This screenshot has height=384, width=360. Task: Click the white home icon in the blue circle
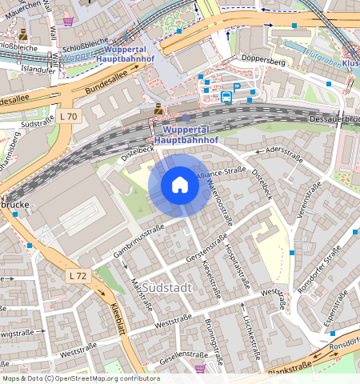[x=180, y=186]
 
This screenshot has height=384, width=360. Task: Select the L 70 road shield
[x=70, y=117]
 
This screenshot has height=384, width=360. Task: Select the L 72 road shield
[x=77, y=275]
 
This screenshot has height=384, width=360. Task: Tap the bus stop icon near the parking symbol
[x=226, y=98]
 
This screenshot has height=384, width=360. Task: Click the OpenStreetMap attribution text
[x=80, y=378]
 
